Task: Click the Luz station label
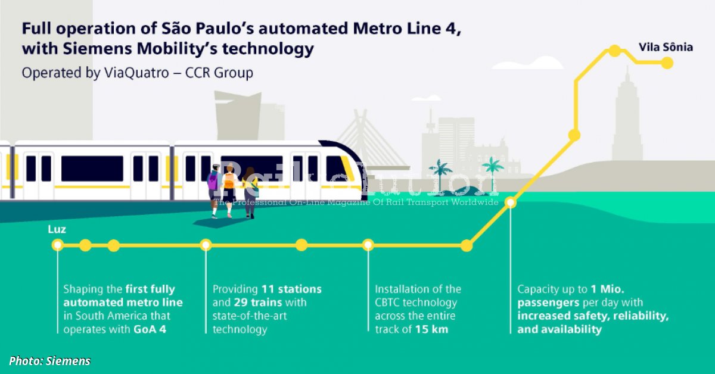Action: (x=57, y=229)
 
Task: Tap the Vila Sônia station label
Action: (x=666, y=47)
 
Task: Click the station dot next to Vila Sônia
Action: (x=667, y=62)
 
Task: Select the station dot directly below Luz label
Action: (x=57, y=245)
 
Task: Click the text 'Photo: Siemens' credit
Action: (x=50, y=360)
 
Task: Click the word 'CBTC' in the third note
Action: (x=392, y=303)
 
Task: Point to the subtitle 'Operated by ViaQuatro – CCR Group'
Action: (x=138, y=73)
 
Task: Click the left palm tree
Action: (x=441, y=173)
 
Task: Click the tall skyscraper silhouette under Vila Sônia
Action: (x=627, y=116)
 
